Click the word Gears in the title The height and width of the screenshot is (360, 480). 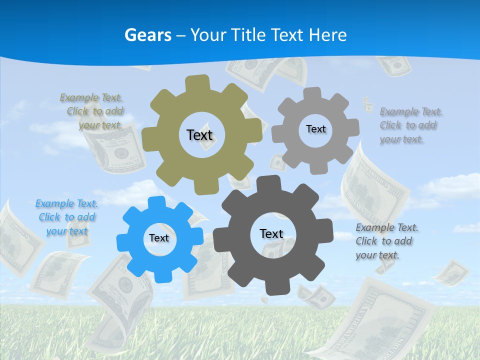click(x=148, y=35)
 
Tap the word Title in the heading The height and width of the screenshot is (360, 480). click(x=252, y=35)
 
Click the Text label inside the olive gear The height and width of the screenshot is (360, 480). click(x=199, y=135)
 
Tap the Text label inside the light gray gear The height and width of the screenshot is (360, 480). click(x=315, y=129)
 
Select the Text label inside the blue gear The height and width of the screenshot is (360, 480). click(x=159, y=238)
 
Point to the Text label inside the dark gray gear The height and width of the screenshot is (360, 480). click(x=271, y=233)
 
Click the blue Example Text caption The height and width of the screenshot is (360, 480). click(x=67, y=217)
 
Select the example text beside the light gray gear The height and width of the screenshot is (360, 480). click(x=411, y=125)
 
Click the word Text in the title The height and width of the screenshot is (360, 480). click(x=287, y=35)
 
